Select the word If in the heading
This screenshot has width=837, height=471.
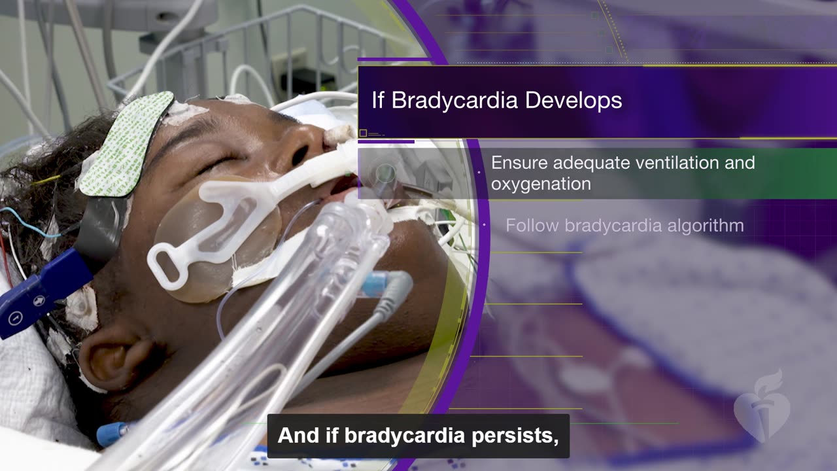pyautogui.click(x=378, y=101)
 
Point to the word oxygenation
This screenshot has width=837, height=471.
pyautogui.click(x=541, y=184)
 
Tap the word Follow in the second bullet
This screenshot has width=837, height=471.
pyautogui.click(x=532, y=226)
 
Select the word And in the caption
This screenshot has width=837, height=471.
pyautogui.click(x=294, y=436)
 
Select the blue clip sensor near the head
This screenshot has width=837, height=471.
pyautogui.click(x=39, y=294)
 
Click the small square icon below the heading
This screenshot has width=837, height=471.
pyautogui.click(x=363, y=133)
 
